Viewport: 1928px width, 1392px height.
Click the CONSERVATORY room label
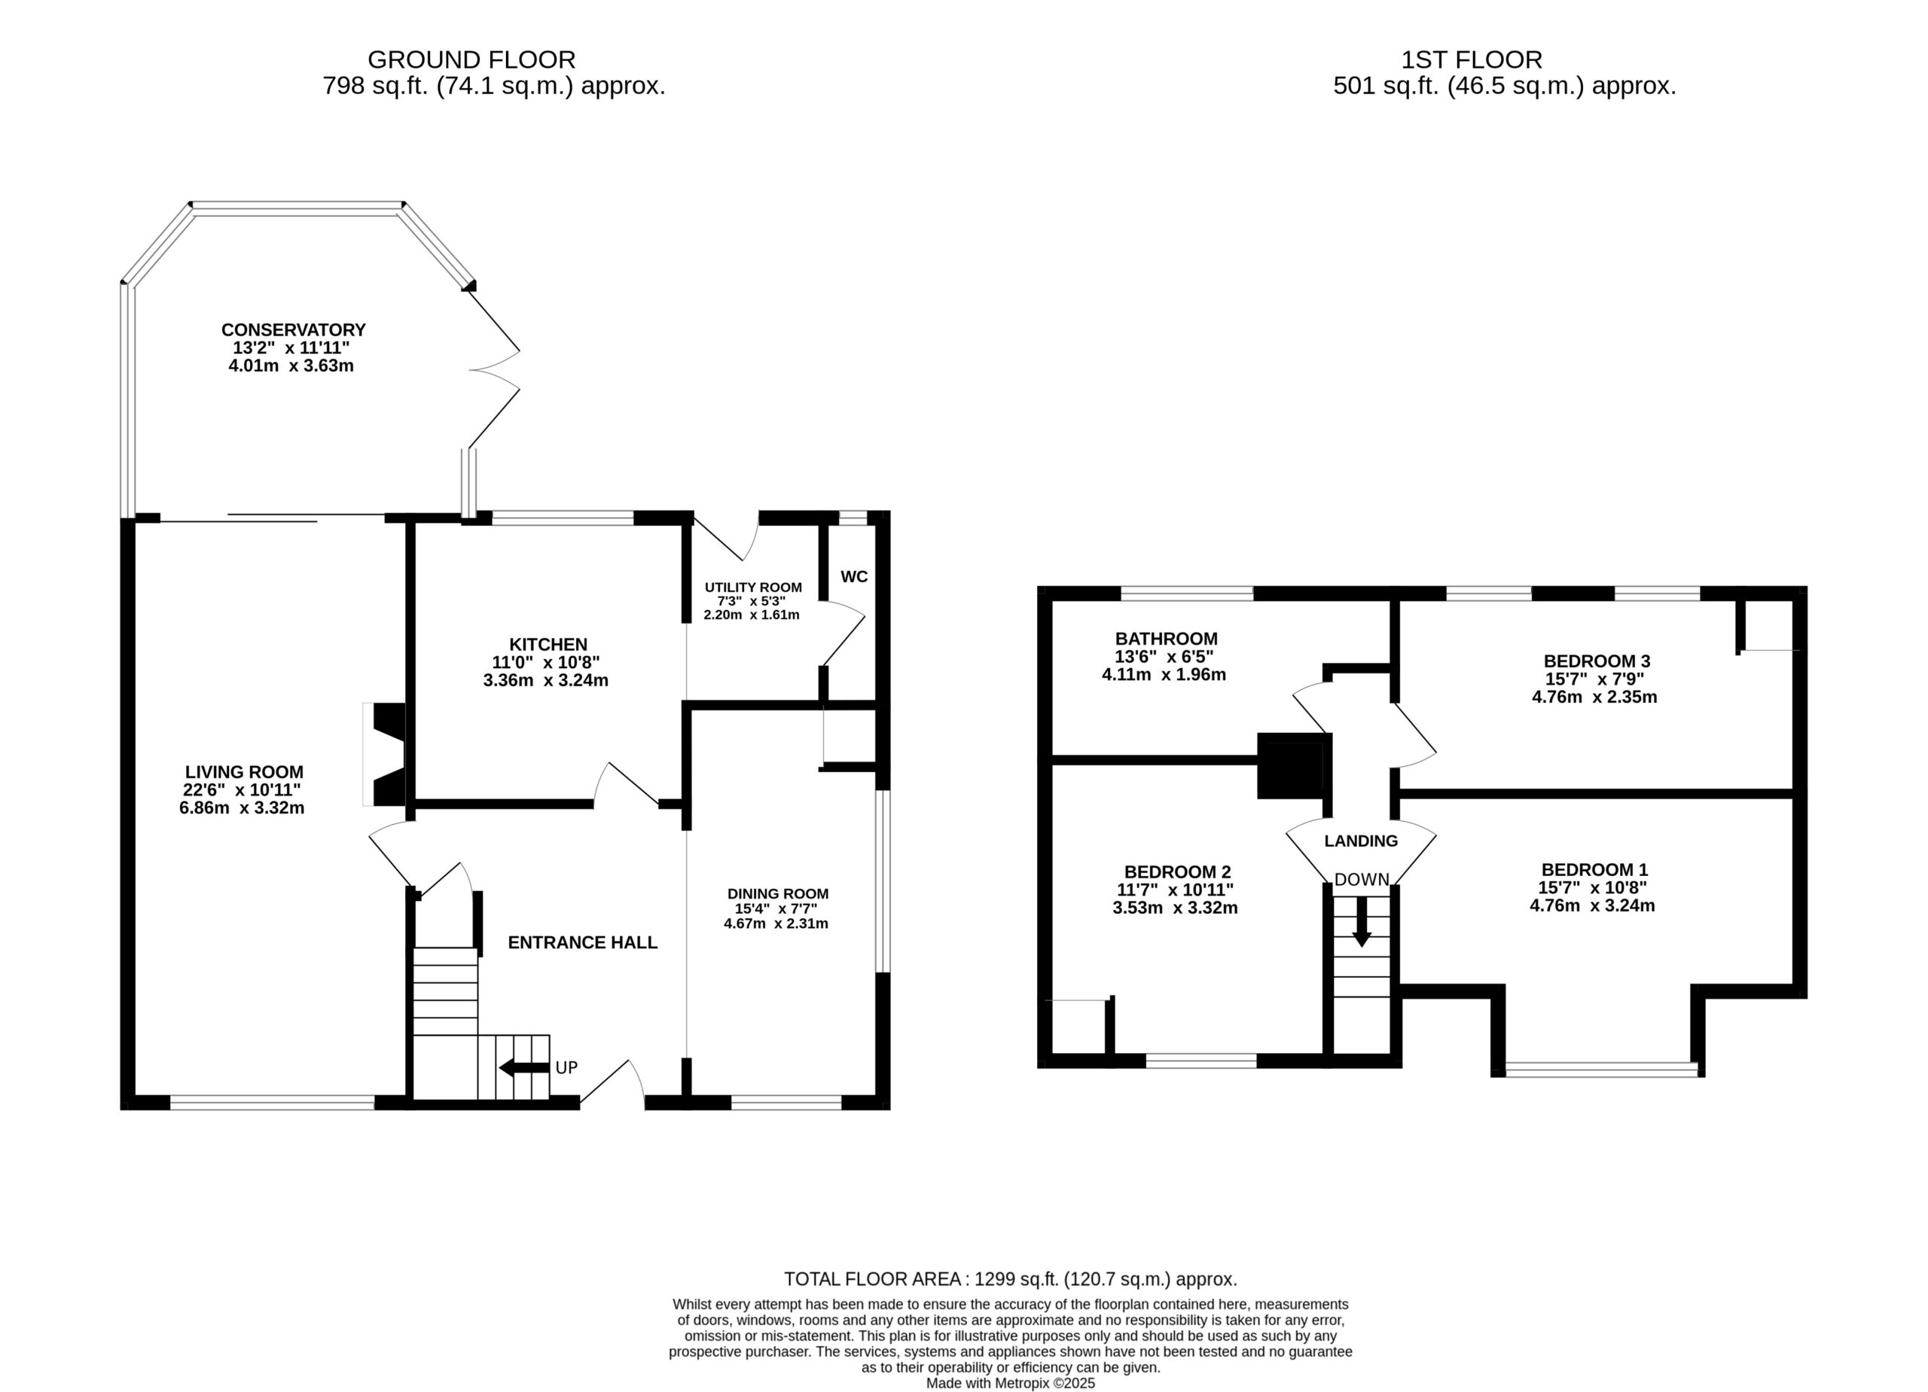293,330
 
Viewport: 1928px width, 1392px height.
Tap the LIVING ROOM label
244,772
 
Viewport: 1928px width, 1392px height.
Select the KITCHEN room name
548,645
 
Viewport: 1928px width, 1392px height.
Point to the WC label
854,576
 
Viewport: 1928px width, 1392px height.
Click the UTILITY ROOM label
753,588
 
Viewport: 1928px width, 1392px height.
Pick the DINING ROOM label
778,893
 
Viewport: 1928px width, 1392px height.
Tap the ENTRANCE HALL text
583,942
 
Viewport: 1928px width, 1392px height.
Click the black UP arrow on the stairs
524,1067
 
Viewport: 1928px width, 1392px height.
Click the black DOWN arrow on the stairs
1362,922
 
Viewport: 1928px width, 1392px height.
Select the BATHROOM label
1167,639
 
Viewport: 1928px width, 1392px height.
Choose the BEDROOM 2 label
1177,872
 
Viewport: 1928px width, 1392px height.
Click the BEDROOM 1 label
1595,869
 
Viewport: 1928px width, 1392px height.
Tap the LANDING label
1361,841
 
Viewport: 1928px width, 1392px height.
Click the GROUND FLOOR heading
471,60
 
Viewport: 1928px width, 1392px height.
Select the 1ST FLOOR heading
1472,60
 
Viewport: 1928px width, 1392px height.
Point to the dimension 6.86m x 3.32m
242,807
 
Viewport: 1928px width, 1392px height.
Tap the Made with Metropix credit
1011,1384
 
